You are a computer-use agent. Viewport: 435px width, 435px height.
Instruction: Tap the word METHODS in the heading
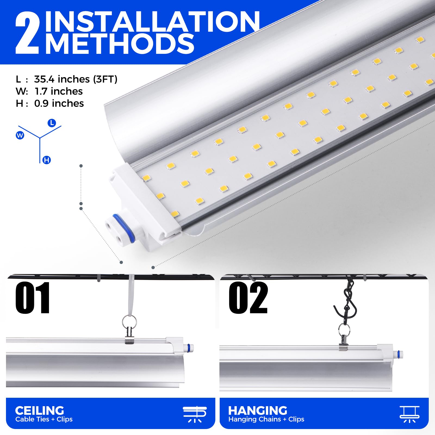point(120,43)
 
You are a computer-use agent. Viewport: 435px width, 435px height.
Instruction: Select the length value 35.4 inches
point(62,79)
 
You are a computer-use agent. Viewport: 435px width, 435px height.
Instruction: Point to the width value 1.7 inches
point(59,91)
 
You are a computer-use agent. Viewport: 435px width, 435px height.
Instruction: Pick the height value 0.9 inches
point(59,103)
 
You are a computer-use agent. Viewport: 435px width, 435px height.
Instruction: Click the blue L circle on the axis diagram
point(52,123)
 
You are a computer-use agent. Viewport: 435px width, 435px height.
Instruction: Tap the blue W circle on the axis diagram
point(20,135)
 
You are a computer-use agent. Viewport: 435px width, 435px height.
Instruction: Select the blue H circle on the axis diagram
point(47,160)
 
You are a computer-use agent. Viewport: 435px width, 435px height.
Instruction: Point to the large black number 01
point(33,298)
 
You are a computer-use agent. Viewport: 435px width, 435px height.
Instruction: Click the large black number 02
point(248,298)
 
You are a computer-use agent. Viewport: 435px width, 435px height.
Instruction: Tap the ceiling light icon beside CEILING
point(195,414)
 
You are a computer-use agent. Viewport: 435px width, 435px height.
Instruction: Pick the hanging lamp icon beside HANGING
point(409,414)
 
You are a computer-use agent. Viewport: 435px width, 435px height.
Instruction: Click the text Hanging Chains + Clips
point(266,419)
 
